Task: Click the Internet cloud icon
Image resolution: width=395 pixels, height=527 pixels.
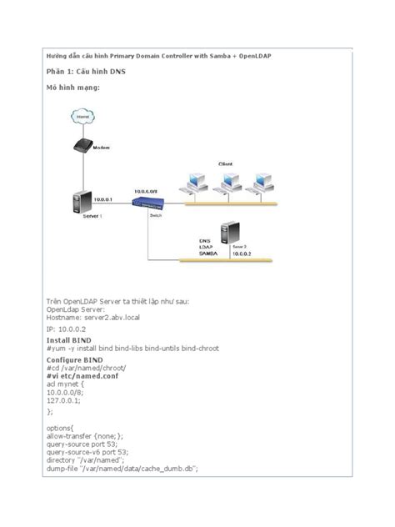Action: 82,118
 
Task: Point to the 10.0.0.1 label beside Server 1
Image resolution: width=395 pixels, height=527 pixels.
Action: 103,200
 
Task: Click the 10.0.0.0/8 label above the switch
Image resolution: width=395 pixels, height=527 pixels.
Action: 146,191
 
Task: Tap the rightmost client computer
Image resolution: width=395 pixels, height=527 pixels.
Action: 264,183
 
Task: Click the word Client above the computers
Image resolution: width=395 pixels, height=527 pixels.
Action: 225,163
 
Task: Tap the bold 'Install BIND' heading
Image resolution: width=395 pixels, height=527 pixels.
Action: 68,340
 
